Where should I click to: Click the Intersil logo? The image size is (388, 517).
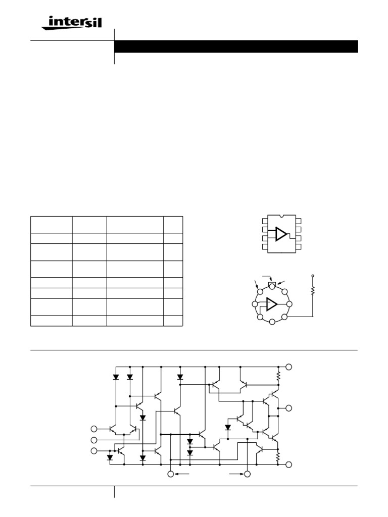coord(76,23)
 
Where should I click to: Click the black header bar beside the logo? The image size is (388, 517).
coord(236,46)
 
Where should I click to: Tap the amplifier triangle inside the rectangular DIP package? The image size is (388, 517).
coord(281,234)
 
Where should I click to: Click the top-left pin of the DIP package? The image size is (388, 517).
coord(265,221)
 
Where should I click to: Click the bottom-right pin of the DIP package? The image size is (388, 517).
coord(299,247)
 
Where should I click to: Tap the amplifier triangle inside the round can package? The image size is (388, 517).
coord(271,304)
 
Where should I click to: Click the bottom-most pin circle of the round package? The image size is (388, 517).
coord(272,322)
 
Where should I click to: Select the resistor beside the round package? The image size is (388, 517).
coord(313,290)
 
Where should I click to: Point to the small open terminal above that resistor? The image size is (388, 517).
coord(313,277)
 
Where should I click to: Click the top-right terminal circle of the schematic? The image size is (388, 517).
coord(289,367)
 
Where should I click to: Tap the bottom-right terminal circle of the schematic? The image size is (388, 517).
coord(289,464)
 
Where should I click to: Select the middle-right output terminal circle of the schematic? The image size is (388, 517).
coord(289,408)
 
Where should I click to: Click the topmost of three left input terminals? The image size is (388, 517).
coord(93,429)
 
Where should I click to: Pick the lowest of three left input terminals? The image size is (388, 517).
coord(93,450)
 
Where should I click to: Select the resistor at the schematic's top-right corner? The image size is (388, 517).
coord(278,376)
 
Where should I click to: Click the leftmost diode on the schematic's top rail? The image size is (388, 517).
coord(116,377)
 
